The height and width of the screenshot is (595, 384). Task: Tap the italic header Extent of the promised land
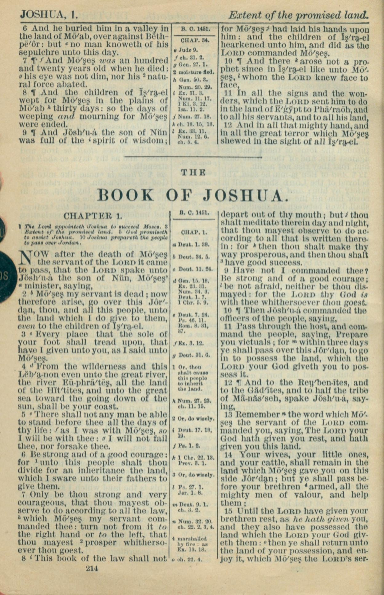pyautogui.click(x=298, y=15)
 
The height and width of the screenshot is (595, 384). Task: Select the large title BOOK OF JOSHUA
pyautogui.click(x=193, y=195)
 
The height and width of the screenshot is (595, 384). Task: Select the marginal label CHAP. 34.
pyautogui.click(x=195, y=40)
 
